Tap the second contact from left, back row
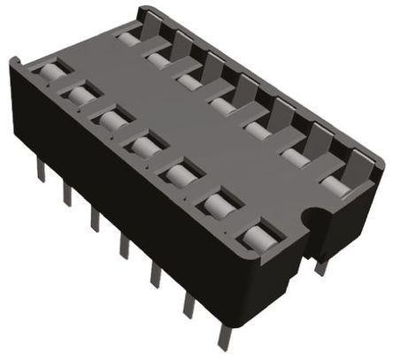point(158,59)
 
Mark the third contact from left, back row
point(188,81)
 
